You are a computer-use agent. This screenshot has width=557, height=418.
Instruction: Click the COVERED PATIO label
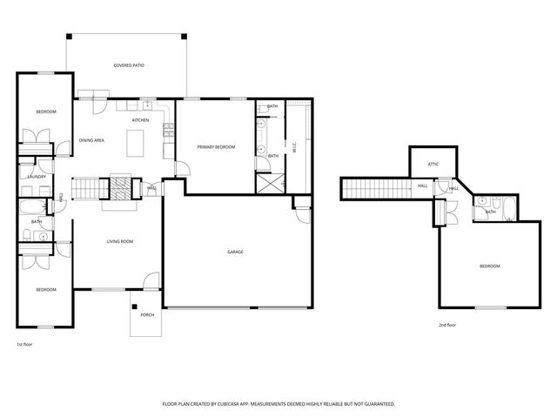[128, 65]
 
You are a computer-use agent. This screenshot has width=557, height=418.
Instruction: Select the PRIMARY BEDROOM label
[216, 147]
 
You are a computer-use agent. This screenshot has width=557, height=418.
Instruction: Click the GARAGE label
[235, 252]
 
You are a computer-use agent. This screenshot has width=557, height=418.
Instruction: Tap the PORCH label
[147, 314]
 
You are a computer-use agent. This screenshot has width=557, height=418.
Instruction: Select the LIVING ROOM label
[119, 242]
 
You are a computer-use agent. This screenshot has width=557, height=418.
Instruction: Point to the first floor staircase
[86, 186]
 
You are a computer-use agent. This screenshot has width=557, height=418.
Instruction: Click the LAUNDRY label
[37, 177]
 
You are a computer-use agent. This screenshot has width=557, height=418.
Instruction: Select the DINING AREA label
[92, 139]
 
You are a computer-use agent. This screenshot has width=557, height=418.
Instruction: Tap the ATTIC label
[433, 163]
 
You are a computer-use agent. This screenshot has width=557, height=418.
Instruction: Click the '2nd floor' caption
[447, 325]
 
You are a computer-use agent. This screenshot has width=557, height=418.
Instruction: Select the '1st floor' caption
[24, 344]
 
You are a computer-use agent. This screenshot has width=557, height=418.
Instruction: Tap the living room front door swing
[151, 280]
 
